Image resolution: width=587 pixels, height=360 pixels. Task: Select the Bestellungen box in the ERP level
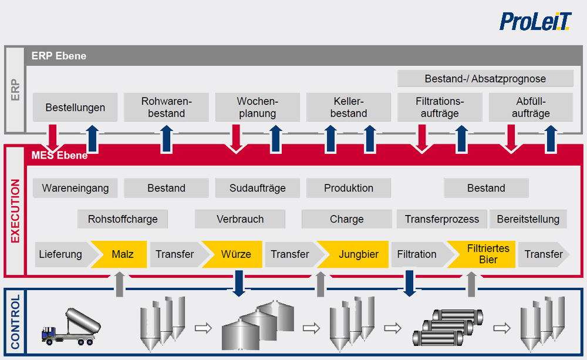tap(75, 107)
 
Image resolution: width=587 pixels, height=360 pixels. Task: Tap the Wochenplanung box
tap(257, 107)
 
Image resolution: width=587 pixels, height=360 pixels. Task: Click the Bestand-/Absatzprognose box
tap(485, 78)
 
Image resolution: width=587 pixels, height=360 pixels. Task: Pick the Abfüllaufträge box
tap(531, 107)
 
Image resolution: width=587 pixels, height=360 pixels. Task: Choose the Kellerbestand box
tap(349, 107)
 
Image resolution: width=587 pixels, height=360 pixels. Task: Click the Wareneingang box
tap(75, 188)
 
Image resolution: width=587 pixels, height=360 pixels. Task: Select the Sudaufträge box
tap(257, 188)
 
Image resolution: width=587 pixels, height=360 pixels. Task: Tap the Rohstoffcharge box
tap(123, 219)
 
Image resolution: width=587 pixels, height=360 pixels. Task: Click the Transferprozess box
tap(441, 219)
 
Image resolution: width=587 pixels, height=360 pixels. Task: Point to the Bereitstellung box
tap(528, 219)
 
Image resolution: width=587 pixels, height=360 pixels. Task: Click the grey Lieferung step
tap(60, 254)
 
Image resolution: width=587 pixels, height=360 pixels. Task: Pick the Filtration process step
tap(417, 254)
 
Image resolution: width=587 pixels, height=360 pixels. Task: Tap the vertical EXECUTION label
tap(15, 211)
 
